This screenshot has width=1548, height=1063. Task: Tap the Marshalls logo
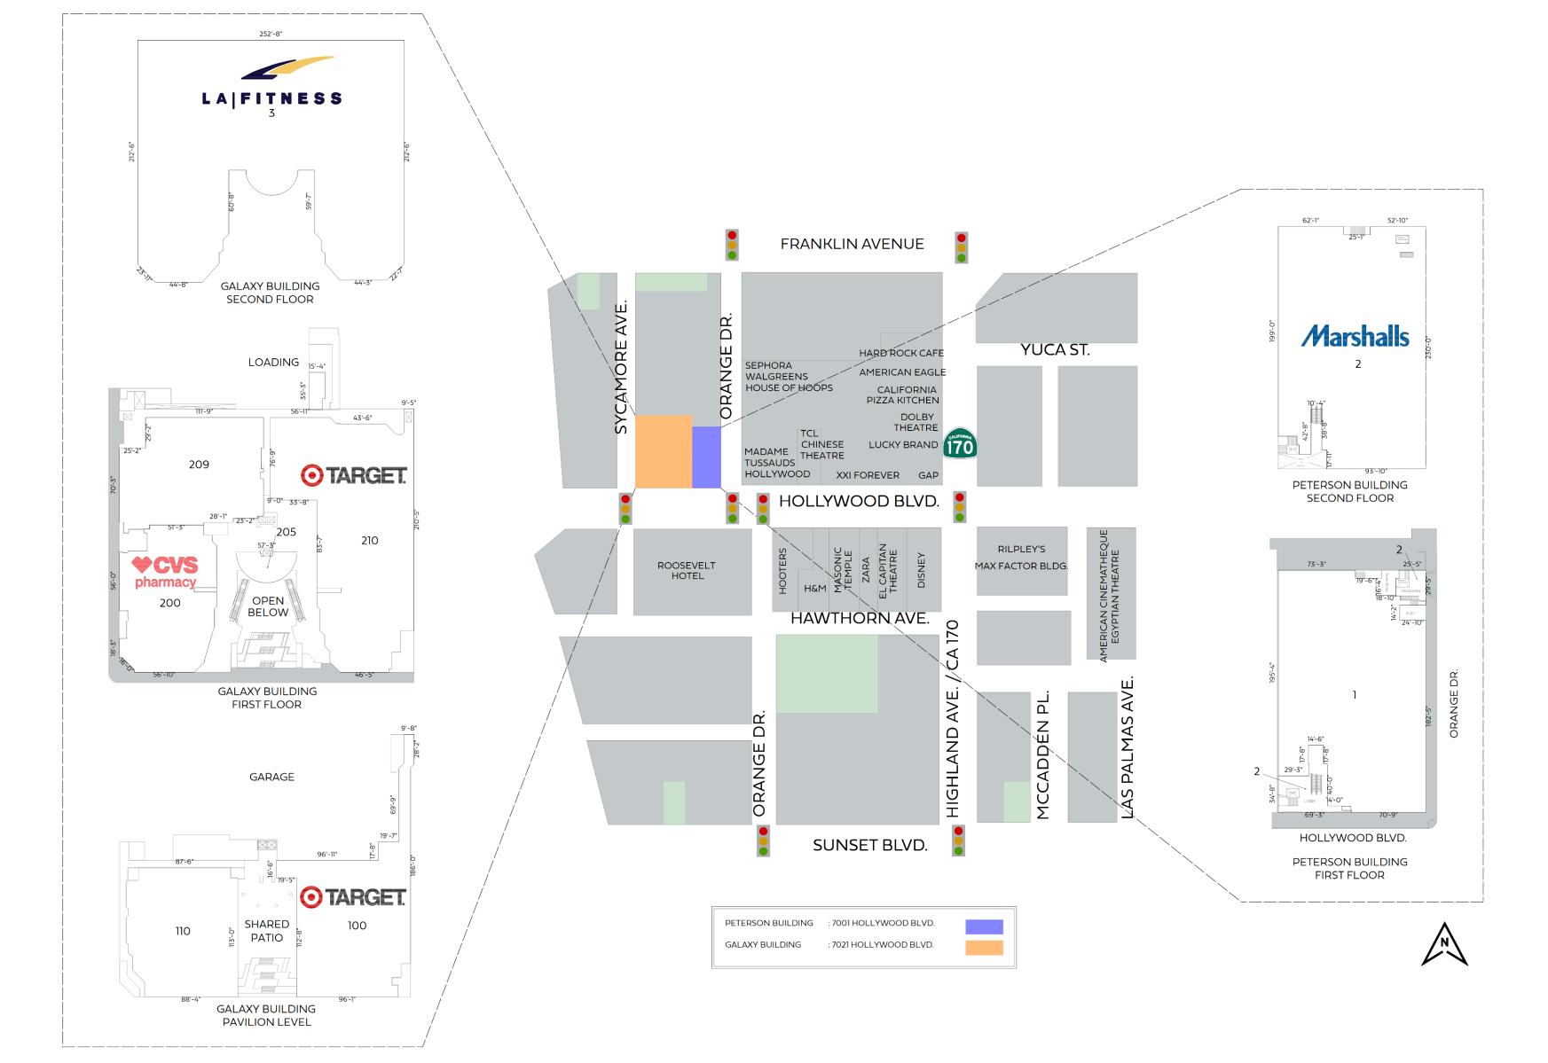coord(1355,336)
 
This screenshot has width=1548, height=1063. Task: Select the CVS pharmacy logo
coord(165,572)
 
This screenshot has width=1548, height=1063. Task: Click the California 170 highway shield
coord(960,443)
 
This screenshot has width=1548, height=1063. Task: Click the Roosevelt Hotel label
coord(687,570)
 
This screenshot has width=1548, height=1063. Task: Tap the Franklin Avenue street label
coord(852,244)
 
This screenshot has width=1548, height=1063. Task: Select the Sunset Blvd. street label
coord(869,845)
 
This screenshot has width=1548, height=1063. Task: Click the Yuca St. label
coord(1055,349)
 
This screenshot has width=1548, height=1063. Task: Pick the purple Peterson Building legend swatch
coord(984,926)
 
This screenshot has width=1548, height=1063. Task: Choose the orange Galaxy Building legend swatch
coord(984,947)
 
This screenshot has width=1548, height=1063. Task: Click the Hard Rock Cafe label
coord(901,353)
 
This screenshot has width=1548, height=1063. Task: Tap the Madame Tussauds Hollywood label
coord(777,463)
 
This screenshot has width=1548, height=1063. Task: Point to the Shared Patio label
coord(267,931)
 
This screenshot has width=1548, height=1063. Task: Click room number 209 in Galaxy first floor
coord(199,465)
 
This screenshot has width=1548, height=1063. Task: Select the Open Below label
coord(268,606)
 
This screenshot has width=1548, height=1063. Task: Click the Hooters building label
coord(782,570)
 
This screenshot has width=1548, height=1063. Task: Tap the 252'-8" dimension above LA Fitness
coord(271,34)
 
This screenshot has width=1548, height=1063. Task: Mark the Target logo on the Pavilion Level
coord(353,897)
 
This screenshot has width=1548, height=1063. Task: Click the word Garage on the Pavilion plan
coord(271,777)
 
